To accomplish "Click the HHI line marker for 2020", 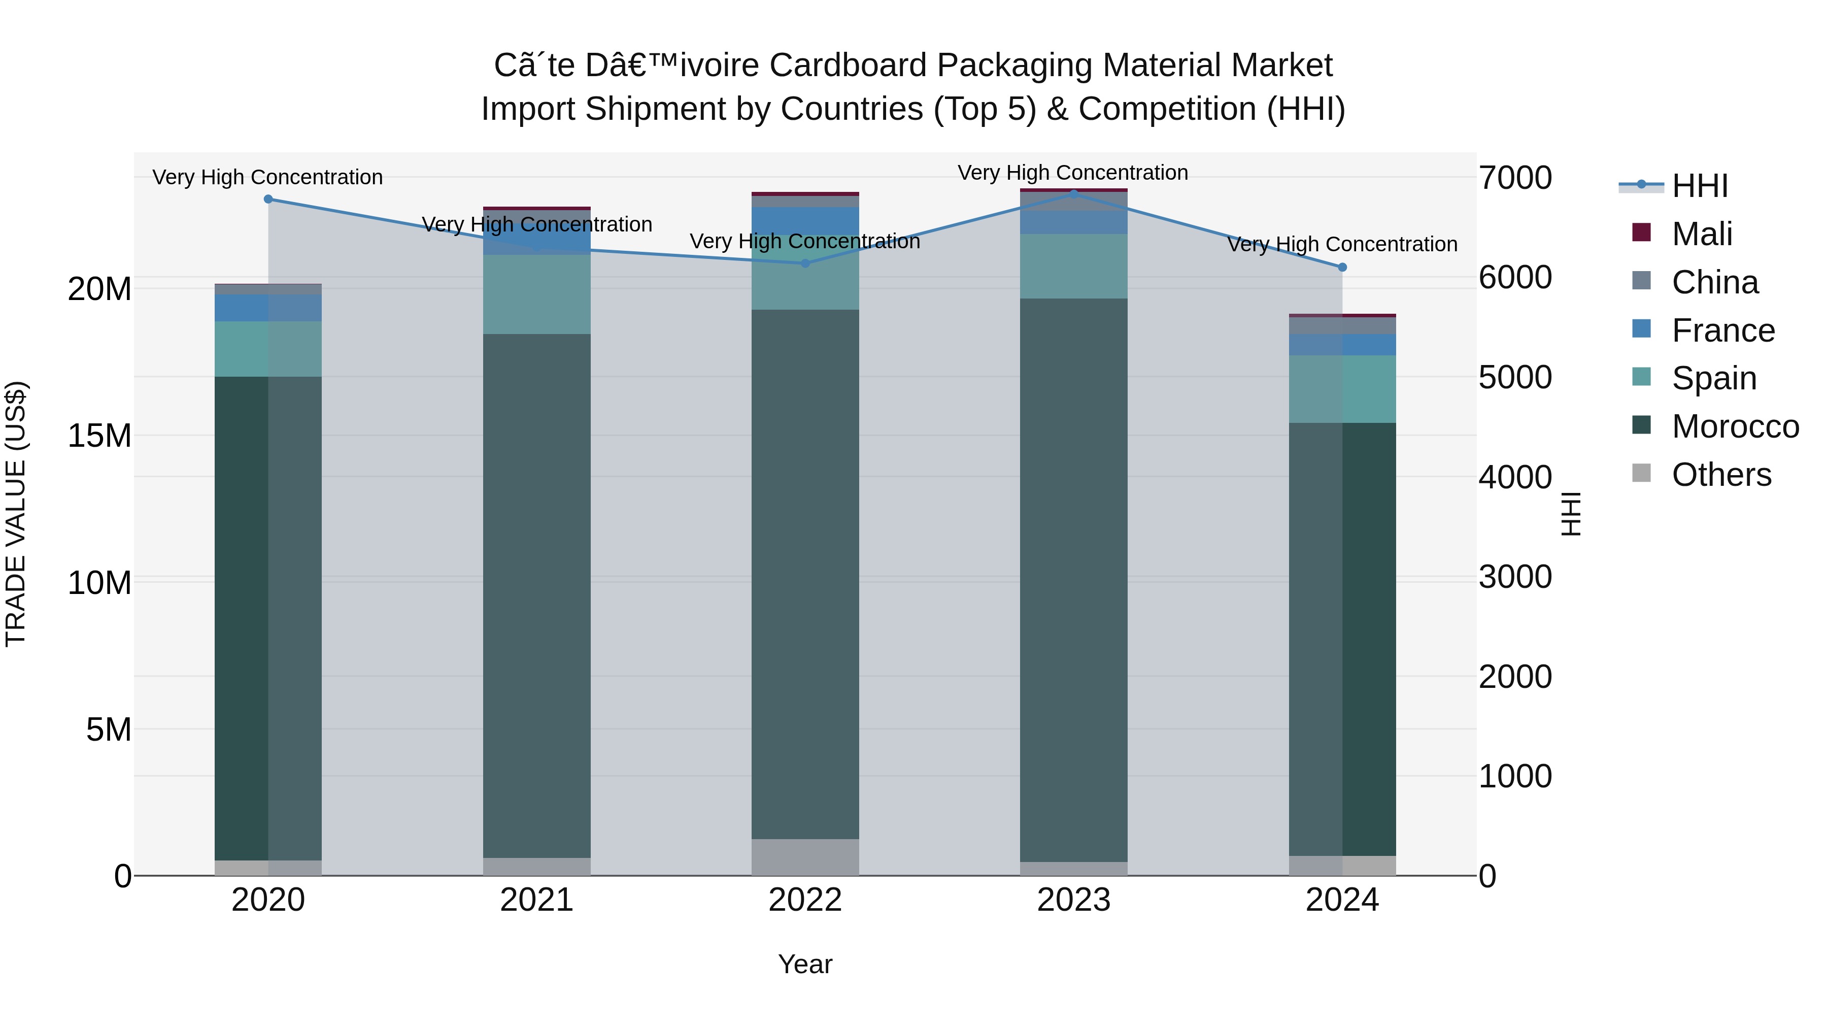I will click(268, 200).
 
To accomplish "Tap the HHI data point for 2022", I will click(805, 263).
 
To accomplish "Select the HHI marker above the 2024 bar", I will click(1342, 268).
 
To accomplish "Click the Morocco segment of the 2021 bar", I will click(537, 596).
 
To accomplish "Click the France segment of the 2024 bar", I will click(1342, 345).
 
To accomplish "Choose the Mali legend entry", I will click(1702, 234).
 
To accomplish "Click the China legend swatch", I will click(1641, 281).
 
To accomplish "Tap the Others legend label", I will click(1721, 475).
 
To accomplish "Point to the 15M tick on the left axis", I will click(99, 436).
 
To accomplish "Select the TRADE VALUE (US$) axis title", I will click(16, 514).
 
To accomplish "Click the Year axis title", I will click(805, 964).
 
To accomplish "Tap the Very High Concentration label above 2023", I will click(1072, 173).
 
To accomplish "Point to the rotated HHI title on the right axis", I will click(1571, 514).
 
